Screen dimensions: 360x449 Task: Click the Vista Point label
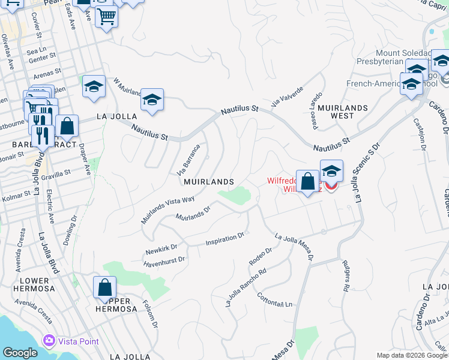tap(78, 341)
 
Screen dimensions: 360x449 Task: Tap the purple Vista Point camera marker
tap(49, 341)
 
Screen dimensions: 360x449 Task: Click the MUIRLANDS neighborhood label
tap(208, 181)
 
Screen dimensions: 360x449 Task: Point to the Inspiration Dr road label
tap(225, 239)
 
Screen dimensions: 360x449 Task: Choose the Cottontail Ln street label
tap(274, 299)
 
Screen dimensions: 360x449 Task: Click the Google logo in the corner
tap(20, 353)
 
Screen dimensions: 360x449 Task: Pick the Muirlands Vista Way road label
tap(168, 210)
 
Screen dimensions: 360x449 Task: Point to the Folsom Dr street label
tap(149, 314)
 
